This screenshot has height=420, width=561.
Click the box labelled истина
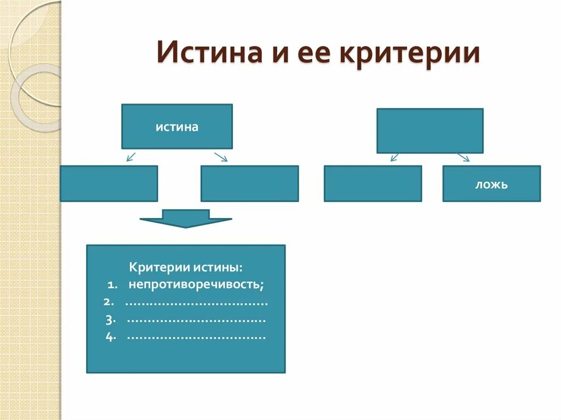point(177,126)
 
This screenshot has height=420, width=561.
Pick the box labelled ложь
point(491,184)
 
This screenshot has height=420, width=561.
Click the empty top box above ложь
point(430,130)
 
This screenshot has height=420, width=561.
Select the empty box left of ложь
point(373,184)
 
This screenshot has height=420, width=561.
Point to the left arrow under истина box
point(130,157)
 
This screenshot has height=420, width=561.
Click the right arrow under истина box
point(221,157)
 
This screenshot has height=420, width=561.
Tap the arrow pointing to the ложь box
point(463,157)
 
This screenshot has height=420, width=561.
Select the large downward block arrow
point(185,218)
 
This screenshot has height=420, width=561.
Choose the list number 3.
point(109,319)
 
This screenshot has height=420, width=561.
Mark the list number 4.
point(109,336)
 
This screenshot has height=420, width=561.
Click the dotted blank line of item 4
point(197,337)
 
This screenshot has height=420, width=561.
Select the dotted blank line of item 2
point(197,303)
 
